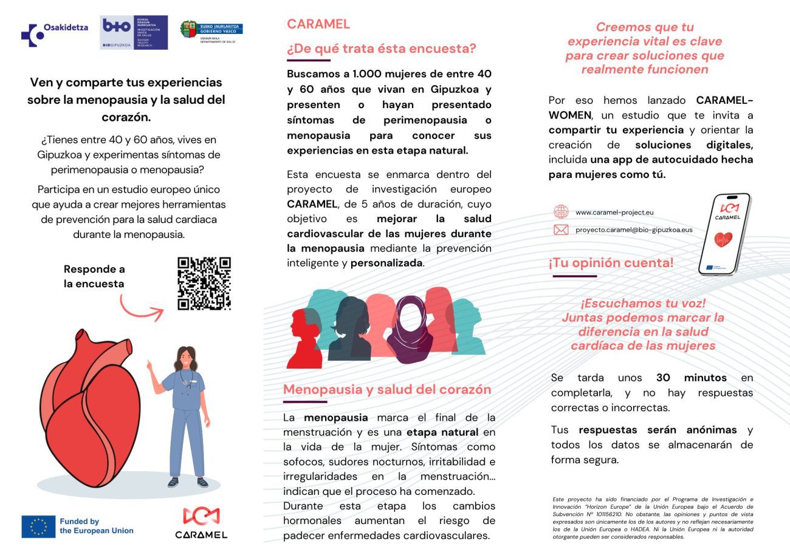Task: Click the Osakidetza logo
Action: coord(54,34)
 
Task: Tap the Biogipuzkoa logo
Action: coord(134,33)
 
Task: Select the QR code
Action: coord(204,284)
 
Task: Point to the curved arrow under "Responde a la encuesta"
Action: coord(142,308)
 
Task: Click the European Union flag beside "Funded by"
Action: coord(38,526)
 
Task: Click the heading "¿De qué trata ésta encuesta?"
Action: coord(381,49)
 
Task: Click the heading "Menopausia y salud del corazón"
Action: coord(387,390)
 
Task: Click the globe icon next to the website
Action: coord(560,212)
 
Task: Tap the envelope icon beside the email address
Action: coord(560,230)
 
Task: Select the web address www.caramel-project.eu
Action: coord(614,213)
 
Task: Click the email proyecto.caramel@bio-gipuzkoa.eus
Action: coord(634,230)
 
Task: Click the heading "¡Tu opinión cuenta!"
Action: coord(611,264)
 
